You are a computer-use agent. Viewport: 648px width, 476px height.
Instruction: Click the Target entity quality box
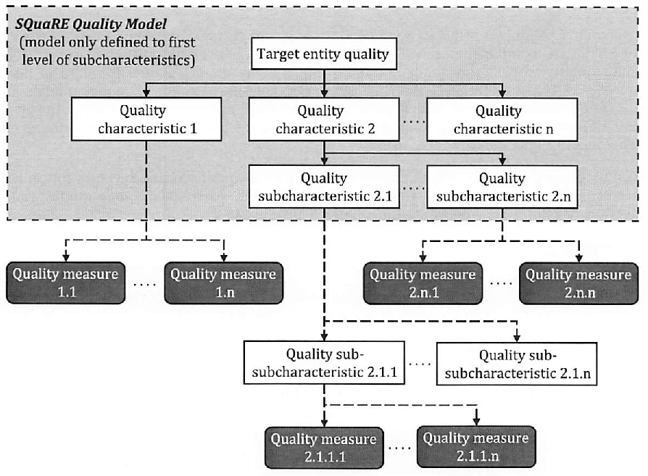tap(324, 54)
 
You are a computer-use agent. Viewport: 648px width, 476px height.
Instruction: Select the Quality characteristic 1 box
tap(146, 119)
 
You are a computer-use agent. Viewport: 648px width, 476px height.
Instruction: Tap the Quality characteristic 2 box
tap(324, 120)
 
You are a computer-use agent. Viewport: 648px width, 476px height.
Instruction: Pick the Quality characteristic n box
tap(502, 120)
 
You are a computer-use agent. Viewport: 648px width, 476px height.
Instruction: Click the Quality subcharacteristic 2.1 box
tap(324, 187)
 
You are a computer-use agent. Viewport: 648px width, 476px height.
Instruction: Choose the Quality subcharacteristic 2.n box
tap(502, 187)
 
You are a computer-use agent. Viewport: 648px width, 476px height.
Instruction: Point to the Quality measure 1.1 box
tap(66, 283)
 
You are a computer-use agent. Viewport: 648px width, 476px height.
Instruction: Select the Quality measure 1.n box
tap(223, 283)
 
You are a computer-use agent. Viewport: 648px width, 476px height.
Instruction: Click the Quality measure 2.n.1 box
tap(423, 283)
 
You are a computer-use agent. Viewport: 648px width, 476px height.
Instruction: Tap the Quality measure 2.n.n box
tap(579, 283)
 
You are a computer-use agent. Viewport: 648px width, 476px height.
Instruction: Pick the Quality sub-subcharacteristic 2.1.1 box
tap(324, 363)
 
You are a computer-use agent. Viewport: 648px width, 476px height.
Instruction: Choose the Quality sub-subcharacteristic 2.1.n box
tap(517, 364)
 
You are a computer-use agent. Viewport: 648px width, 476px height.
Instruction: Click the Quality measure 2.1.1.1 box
tap(324, 448)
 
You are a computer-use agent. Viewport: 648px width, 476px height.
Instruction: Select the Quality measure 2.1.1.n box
tap(476, 447)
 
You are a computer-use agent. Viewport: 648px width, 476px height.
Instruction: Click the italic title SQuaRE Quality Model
tap(91, 24)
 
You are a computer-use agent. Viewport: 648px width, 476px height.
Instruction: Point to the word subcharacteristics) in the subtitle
tap(133, 60)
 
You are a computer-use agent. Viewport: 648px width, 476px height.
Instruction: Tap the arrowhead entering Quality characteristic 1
tap(146, 93)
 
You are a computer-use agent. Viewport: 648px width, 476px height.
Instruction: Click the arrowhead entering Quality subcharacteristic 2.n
tap(502, 161)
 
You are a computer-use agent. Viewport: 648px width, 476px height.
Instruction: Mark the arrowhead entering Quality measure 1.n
tap(223, 258)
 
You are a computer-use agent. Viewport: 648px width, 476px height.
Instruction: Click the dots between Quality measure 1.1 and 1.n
tap(145, 285)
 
